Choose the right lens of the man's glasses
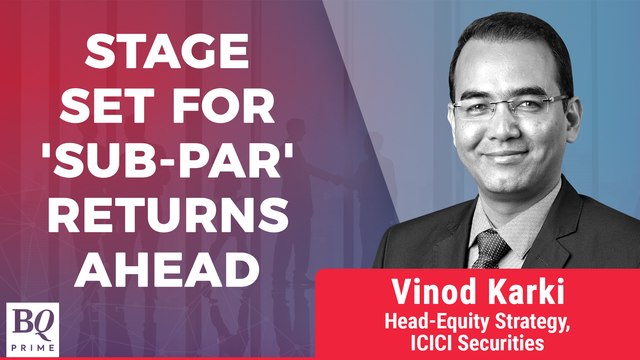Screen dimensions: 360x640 coord(541,107)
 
